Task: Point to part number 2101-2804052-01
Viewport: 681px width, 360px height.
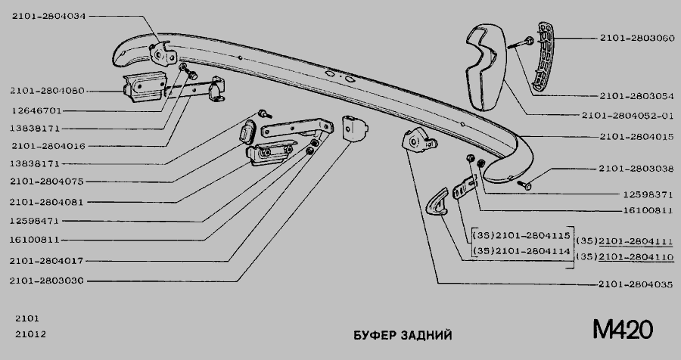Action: [628, 116]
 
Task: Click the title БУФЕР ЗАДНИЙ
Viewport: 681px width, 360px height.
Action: [404, 335]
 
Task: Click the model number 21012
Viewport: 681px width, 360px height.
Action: [27, 335]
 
